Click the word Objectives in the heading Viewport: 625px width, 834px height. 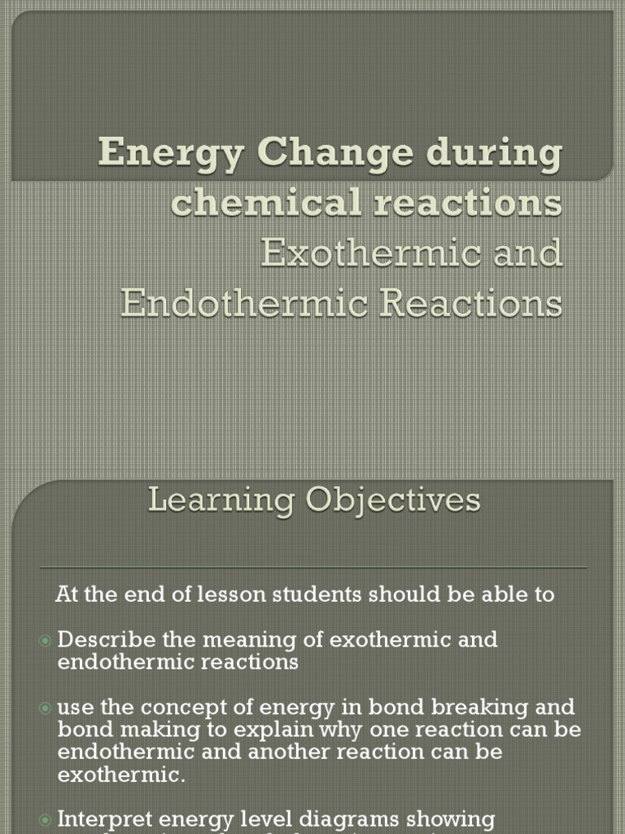393,500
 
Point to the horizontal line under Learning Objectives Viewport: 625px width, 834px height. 313,567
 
